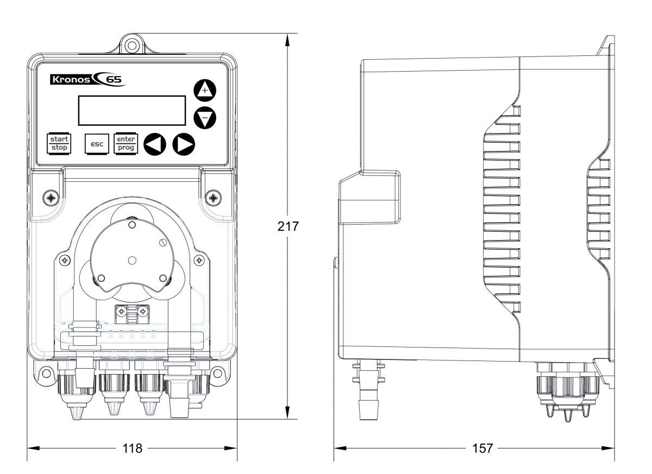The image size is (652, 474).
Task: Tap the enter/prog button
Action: pyautogui.click(x=126, y=143)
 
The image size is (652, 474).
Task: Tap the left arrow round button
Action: pyautogui.click(x=155, y=144)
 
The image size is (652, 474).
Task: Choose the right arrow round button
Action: pyautogui.click(x=184, y=144)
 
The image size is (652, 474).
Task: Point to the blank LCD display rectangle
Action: pyautogui.click(x=131, y=111)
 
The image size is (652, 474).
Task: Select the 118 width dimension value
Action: pyautogui.click(x=131, y=448)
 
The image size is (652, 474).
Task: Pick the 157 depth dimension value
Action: pyautogui.click(x=482, y=448)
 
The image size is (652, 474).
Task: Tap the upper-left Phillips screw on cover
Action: pyautogui.click(x=51, y=198)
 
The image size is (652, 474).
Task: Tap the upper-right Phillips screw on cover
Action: pyautogui.click(x=214, y=198)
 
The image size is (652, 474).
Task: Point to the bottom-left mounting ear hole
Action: pyautogui.click(x=45, y=373)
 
